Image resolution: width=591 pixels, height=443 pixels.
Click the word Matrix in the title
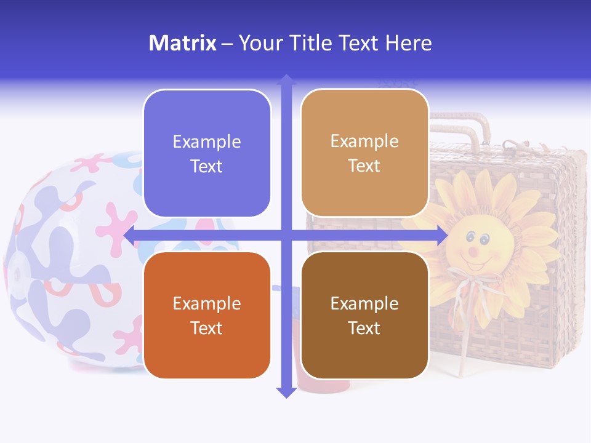coord(182,43)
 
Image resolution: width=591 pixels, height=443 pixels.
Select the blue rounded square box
coord(207,153)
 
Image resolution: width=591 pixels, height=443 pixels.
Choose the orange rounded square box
coord(207,315)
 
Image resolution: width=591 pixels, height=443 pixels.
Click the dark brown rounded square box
coord(364,315)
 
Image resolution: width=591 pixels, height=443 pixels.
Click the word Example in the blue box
coord(207,142)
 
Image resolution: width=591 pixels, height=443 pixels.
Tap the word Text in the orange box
coord(207,328)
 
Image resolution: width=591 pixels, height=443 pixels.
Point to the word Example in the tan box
coord(364,141)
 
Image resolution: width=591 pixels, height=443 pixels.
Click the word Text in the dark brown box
coord(364,328)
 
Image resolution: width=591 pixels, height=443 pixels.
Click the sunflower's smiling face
coord(477,246)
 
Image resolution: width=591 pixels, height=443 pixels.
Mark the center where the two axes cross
coord(286,235)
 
